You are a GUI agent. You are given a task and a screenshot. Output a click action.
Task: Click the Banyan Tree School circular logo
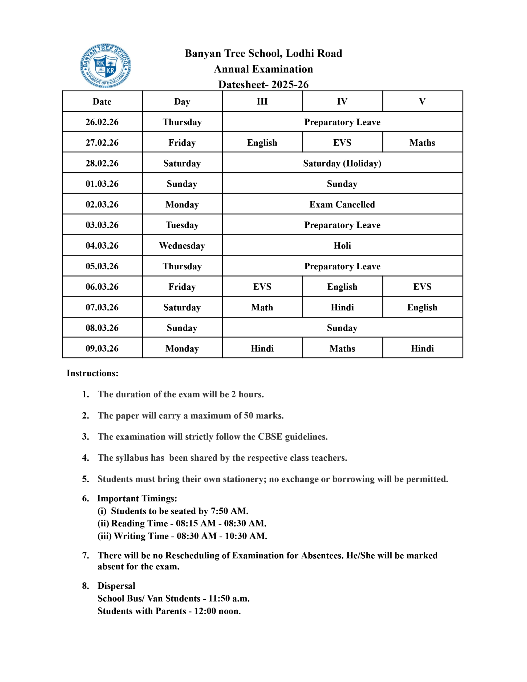(105, 66)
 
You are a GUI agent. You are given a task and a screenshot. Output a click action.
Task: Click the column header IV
(342, 102)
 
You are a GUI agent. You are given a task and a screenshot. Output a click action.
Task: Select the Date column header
(102, 102)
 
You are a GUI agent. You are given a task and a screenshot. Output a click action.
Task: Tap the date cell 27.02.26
(102, 143)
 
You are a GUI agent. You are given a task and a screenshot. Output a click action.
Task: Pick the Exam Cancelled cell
(342, 205)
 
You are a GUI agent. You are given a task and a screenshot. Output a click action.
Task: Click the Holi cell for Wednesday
(342, 245)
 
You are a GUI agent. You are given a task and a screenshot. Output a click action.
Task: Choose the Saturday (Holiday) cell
(342, 163)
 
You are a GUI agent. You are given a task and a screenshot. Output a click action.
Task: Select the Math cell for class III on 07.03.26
(262, 307)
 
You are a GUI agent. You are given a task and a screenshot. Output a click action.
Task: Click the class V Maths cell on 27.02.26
(422, 143)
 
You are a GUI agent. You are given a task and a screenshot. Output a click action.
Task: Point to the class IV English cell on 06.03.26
(342, 287)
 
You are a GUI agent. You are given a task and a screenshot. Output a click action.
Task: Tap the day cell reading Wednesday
(182, 245)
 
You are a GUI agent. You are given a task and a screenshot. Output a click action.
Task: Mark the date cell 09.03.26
(102, 348)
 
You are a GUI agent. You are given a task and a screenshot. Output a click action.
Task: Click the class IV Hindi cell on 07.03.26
(342, 307)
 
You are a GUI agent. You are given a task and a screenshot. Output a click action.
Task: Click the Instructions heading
(92, 373)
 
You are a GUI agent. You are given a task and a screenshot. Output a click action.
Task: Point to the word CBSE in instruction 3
(270, 437)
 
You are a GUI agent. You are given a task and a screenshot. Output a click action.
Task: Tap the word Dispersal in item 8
(116, 586)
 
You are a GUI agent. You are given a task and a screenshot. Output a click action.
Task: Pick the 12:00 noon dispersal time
(217, 611)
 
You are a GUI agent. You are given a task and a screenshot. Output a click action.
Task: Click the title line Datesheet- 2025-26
(263, 84)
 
